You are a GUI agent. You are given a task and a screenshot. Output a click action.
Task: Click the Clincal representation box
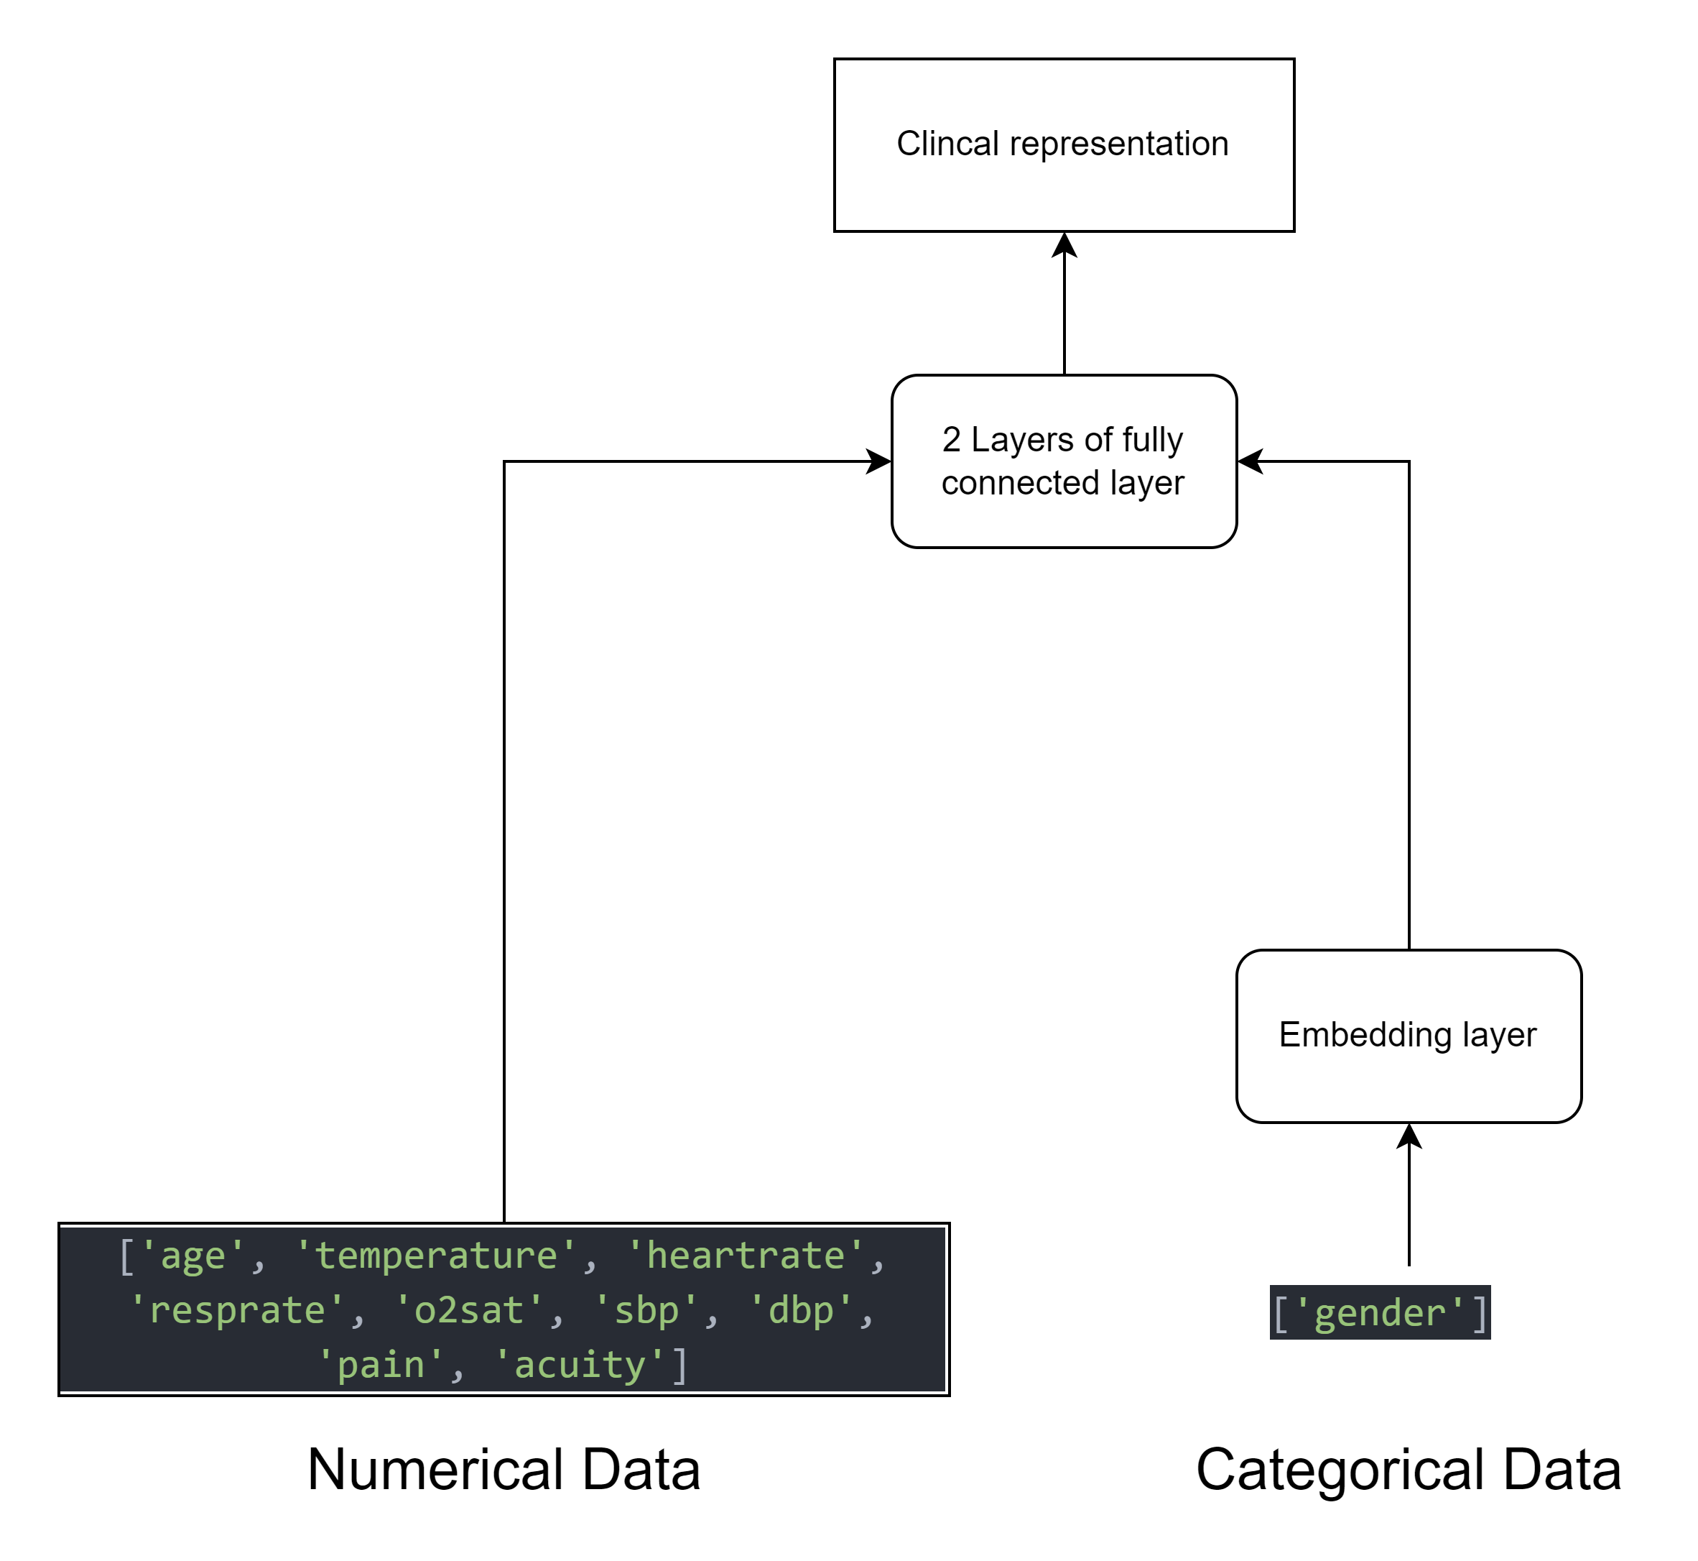pos(1064,145)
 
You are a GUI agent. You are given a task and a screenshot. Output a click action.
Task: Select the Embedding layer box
pos(1409,1036)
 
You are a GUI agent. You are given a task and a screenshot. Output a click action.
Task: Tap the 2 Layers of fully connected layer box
pos(1064,461)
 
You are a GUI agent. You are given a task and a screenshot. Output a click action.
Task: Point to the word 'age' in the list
pos(192,1257)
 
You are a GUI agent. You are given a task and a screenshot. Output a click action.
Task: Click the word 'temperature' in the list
pos(437,1256)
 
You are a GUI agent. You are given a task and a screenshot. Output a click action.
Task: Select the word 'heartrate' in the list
pos(746,1256)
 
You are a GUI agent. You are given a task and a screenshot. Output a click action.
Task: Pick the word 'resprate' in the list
pos(237,1311)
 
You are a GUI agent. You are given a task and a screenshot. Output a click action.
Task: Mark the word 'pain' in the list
pos(381,1366)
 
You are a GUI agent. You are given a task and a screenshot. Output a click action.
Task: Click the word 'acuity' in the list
pos(579,1366)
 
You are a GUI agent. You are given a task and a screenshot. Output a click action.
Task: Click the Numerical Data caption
pos(504,1470)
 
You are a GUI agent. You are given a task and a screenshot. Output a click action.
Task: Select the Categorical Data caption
pos(1409,1470)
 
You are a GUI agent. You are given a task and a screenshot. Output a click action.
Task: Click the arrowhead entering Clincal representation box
pos(1064,244)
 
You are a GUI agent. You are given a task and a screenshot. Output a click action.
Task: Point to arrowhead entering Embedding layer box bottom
pos(1409,1136)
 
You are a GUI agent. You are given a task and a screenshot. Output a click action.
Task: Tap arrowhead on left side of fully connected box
pos(880,461)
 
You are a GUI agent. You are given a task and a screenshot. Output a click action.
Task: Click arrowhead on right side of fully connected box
pos(1250,461)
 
